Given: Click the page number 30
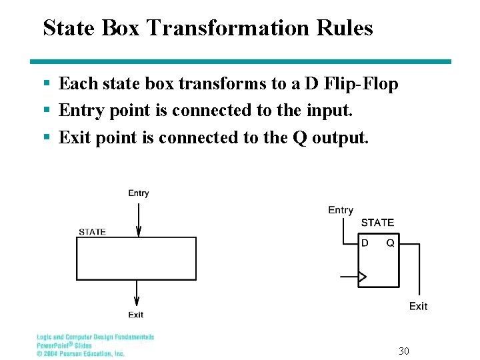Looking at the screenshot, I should (x=403, y=351).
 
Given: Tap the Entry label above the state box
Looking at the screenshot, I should (x=139, y=193).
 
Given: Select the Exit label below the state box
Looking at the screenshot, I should (x=136, y=315).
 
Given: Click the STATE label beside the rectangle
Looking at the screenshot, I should (x=92, y=232).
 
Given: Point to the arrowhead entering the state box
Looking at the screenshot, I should (x=138, y=231).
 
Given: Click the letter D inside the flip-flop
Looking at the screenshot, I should (x=365, y=243).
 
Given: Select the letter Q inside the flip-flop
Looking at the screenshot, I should (x=390, y=243).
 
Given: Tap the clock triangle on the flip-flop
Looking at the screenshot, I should (x=363, y=276).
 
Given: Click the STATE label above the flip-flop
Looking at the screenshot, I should (x=377, y=223).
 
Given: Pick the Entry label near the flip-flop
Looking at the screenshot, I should (x=341, y=210).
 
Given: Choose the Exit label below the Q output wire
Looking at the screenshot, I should (x=418, y=306).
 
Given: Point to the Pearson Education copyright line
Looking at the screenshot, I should (x=81, y=354).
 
